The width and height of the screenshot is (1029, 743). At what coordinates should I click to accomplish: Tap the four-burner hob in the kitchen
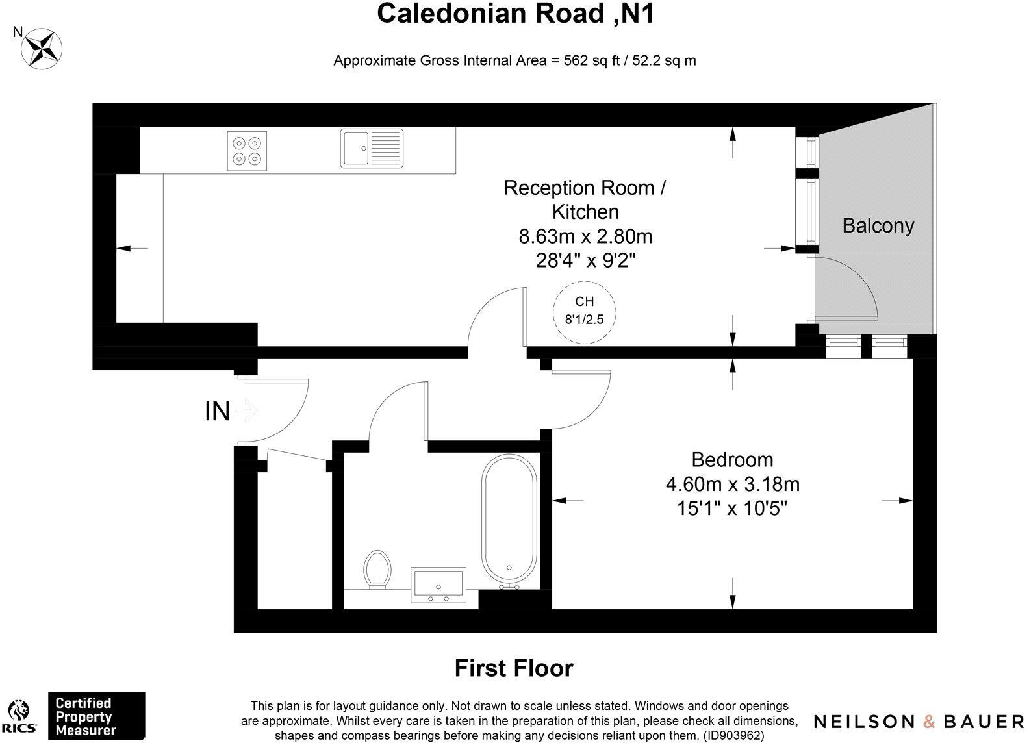(x=247, y=151)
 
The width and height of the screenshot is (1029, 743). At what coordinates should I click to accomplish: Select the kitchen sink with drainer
(x=371, y=148)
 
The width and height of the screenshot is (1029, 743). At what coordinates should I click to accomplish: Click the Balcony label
(x=878, y=225)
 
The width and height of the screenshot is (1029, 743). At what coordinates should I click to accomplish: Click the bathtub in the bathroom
(x=509, y=520)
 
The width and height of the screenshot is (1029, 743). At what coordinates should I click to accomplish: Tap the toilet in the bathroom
(x=377, y=569)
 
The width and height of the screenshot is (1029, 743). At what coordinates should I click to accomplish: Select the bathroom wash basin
(x=438, y=583)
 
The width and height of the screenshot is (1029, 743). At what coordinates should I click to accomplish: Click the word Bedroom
(x=732, y=460)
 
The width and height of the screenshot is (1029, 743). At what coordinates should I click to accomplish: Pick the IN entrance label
(x=217, y=411)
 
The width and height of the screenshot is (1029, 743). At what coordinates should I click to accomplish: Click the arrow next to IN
(x=247, y=410)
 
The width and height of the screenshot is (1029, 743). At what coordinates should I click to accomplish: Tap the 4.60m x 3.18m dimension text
(x=732, y=484)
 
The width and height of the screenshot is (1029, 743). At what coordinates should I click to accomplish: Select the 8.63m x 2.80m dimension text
(x=585, y=236)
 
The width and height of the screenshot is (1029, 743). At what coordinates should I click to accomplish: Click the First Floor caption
(x=513, y=668)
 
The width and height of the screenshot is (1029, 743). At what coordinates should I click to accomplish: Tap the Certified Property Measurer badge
(x=97, y=716)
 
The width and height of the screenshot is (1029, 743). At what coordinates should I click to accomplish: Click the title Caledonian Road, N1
(x=514, y=14)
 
